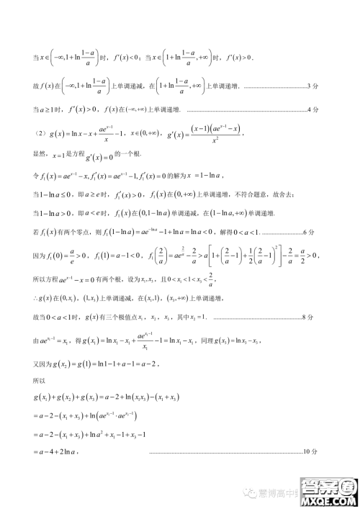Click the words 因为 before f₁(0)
(x=40, y=253)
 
